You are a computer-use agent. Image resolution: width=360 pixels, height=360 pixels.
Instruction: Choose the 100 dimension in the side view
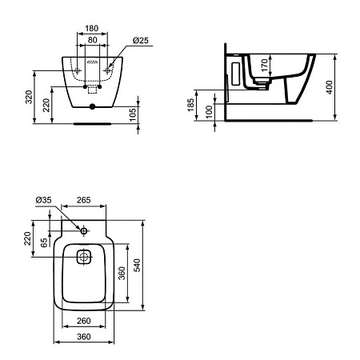point(209,112)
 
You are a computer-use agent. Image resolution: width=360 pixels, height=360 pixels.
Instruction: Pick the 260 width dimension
point(86,322)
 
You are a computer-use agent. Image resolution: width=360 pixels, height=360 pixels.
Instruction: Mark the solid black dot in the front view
point(92,106)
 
